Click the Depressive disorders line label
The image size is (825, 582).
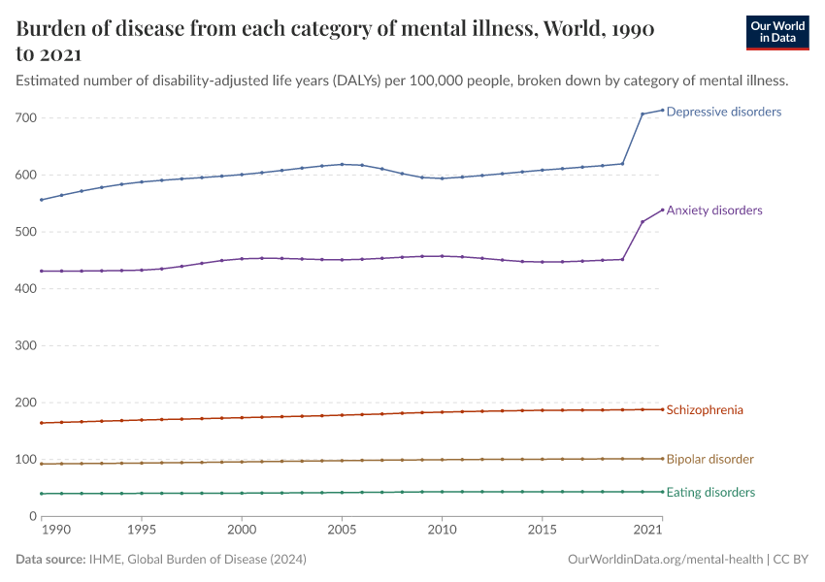point(723,113)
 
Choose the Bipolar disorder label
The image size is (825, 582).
point(709,459)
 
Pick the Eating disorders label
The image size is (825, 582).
point(710,493)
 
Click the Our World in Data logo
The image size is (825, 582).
point(777,32)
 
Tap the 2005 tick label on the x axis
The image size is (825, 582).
point(342,531)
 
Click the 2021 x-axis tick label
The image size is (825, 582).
point(647,531)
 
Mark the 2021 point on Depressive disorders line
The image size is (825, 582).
point(662,110)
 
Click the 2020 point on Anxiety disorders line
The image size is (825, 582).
point(643,222)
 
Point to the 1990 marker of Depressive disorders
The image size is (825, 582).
point(42,200)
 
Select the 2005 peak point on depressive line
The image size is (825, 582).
point(342,164)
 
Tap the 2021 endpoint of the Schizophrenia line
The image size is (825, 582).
point(662,409)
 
